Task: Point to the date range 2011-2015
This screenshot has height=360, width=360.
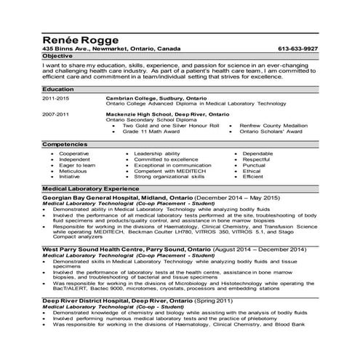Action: coord(56,97)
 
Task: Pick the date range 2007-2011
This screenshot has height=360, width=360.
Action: coord(56,115)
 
